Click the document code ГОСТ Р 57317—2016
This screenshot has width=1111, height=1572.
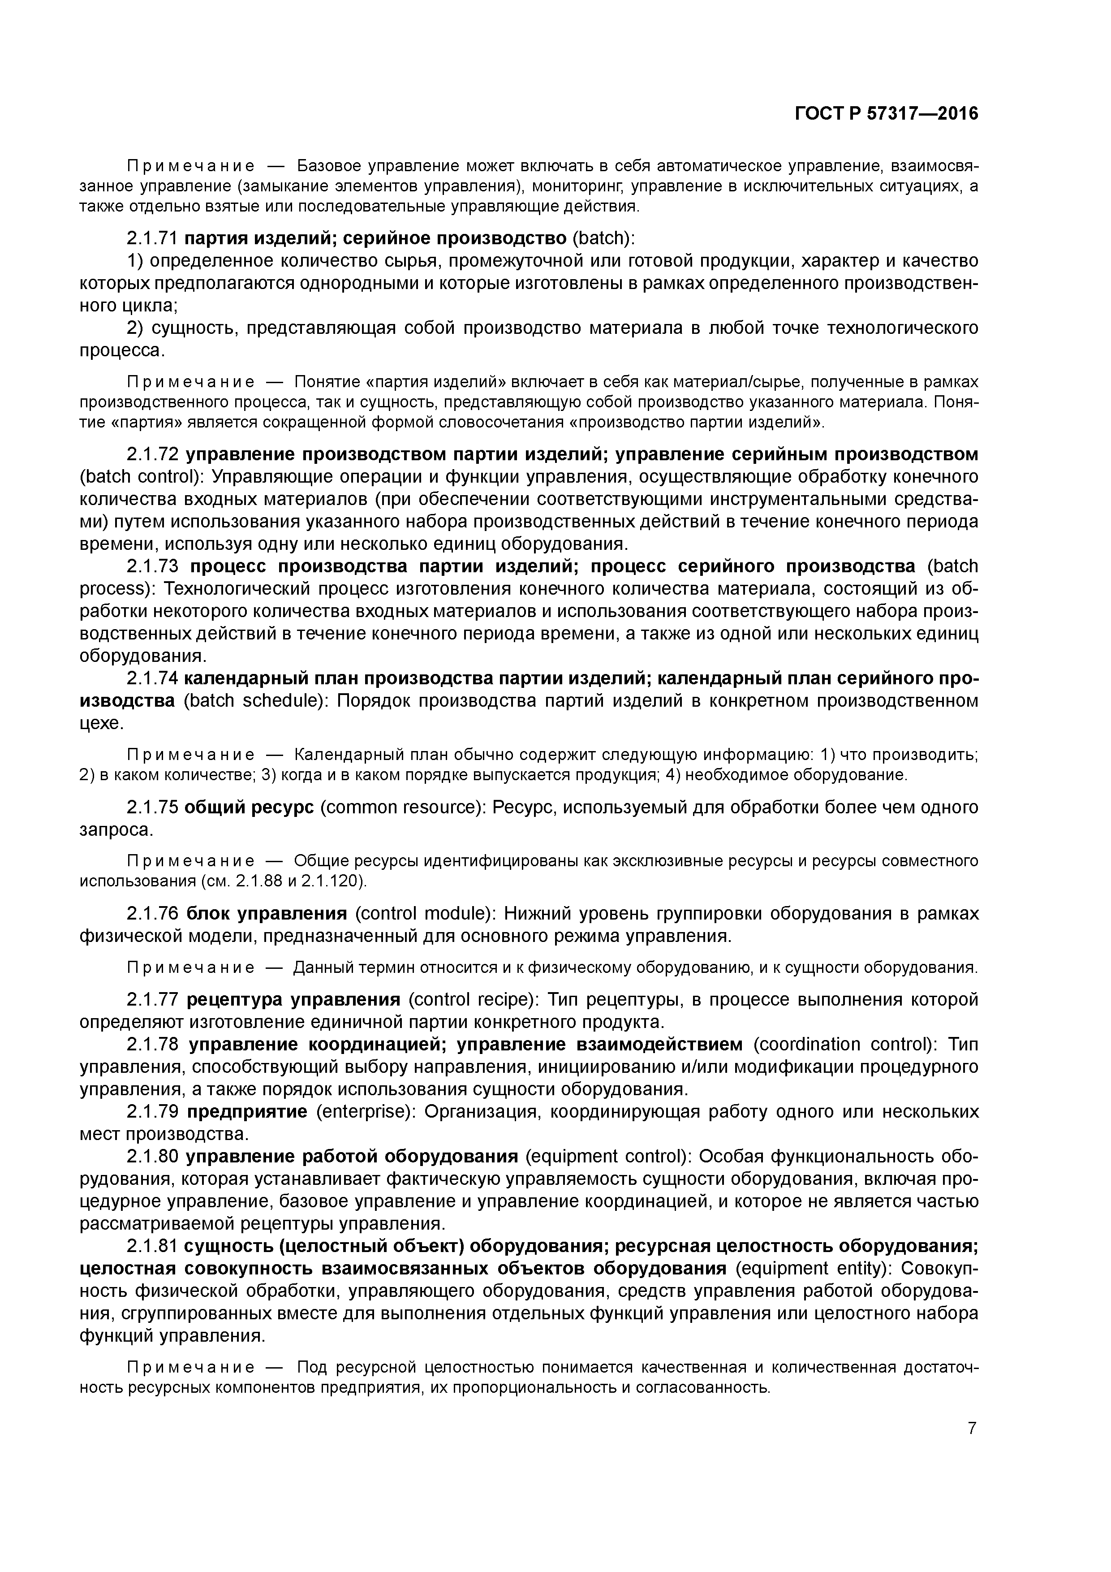click(x=887, y=114)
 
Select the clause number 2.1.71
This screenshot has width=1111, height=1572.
click(x=152, y=238)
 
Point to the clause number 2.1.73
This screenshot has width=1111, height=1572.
click(x=152, y=566)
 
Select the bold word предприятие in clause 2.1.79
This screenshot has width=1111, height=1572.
click(x=248, y=1111)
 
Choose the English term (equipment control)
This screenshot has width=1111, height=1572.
click(x=607, y=1157)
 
